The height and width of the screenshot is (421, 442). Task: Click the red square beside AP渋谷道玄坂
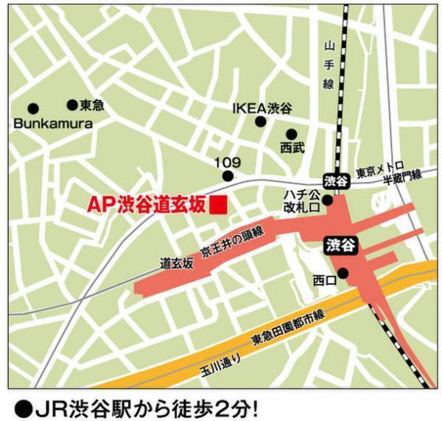point(218,205)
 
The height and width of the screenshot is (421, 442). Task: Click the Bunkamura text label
point(53,124)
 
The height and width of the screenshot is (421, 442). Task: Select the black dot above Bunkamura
point(32,108)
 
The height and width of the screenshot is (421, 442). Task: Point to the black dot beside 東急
point(72,105)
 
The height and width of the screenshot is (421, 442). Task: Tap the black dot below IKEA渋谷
point(260,122)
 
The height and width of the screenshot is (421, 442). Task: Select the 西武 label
point(292,148)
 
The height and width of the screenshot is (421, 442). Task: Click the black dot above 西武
point(292,134)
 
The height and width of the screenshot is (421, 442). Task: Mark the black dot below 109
point(228,176)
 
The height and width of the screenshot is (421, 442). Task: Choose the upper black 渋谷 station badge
point(335,180)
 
